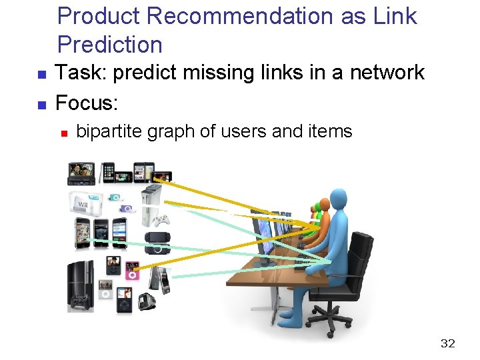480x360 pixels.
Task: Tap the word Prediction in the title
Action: point(110,45)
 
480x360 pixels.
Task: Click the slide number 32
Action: point(447,343)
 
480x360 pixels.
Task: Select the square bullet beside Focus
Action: point(41,105)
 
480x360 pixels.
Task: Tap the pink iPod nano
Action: point(132,270)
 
